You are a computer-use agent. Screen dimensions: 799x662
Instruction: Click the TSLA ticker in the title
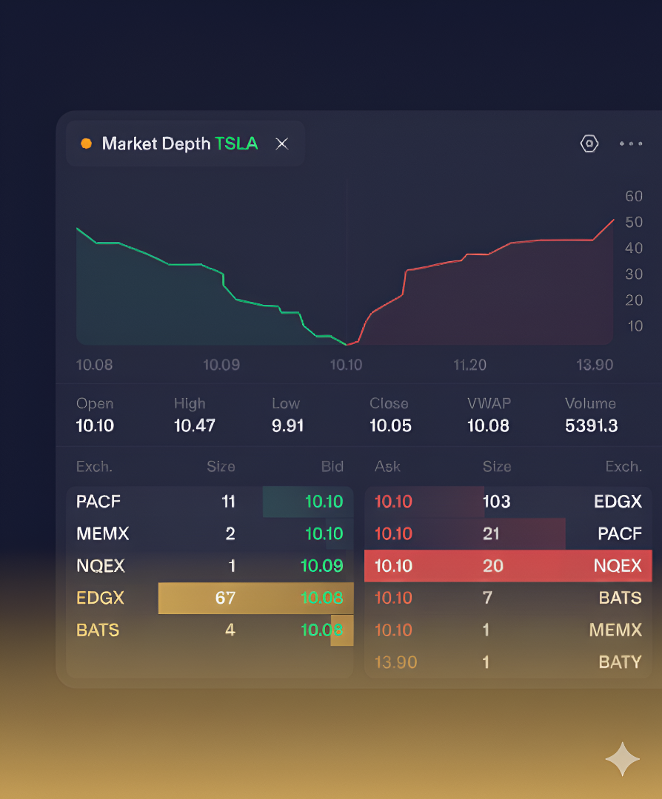click(236, 144)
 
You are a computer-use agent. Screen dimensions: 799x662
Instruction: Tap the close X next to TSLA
click(282, 144)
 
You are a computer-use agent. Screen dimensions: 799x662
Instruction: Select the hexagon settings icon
click(589, 144)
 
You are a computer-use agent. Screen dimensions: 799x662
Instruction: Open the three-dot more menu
click(631, 144)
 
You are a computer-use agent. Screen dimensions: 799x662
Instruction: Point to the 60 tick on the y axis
click(634, 196)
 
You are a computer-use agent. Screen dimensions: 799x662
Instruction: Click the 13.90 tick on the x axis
click(595, 365)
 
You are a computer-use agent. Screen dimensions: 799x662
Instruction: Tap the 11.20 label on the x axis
click(469, 365)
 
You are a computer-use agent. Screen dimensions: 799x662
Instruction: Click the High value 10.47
click(194, 426)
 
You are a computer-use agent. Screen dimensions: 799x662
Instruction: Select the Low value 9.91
click(287, 426)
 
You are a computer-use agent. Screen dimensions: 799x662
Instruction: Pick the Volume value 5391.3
click(591, 426)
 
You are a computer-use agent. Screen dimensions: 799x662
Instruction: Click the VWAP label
click(489, 404)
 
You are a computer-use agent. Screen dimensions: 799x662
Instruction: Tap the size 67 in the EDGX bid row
click(225, 598)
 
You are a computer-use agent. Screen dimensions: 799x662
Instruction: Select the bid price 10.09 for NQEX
click(321, 566)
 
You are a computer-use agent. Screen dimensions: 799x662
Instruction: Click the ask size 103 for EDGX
click(496, 502)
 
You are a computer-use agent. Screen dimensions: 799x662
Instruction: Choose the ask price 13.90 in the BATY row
click(396, 662)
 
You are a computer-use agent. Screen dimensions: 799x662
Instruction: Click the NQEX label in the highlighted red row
click(618, 566)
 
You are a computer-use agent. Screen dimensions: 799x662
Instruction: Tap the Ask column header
click(387, 467)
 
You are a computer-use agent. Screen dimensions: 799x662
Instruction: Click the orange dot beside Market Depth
click(86, 144)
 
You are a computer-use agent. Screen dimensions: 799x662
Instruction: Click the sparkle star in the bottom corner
click(622, 759)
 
